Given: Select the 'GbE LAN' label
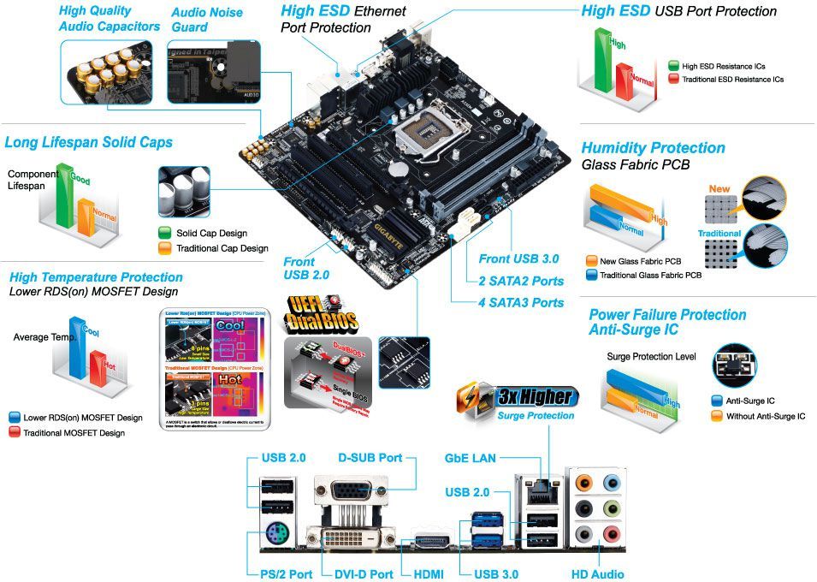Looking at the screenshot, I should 470,459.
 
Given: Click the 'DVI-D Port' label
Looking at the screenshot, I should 358,574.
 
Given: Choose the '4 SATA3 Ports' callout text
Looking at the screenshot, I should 521,302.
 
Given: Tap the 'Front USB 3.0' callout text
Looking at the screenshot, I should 518,258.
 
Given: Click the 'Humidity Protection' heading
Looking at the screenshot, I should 653,148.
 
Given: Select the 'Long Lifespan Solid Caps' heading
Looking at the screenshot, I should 89,142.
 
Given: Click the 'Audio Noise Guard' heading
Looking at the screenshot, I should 207,20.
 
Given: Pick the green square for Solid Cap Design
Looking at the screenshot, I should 165,233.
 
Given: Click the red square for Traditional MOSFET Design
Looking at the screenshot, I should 14,433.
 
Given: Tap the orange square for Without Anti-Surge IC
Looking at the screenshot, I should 718,416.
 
